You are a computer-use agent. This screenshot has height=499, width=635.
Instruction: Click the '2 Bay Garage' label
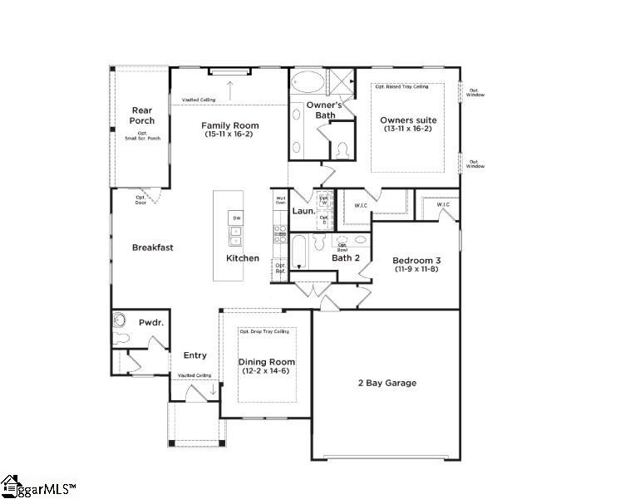pyautogui.click(x=386, y=383)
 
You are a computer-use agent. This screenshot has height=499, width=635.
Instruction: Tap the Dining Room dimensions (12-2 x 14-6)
pyautogui.click(x=267, y=372)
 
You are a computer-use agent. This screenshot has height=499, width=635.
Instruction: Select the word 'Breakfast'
pyautogui.click(x=153, y=247)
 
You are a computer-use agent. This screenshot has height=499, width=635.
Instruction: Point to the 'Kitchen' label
pyautogui.click(x=243, y=258)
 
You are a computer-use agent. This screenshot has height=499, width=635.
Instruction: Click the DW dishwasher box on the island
pyautogui.click(x=236, y=218)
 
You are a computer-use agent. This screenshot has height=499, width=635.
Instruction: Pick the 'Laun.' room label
pyautogui.click(x=302, y=212)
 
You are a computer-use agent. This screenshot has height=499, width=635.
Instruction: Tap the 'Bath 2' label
pyautogui.click(x=345, y=258)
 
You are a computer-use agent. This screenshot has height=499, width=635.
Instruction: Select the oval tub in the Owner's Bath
pyautogui.click(x=308, y=85)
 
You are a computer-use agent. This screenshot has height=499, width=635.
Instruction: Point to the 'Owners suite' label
pyautogui.click(x=408, y=120)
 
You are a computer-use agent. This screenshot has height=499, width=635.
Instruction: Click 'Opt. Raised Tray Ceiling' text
pyautogui.click(x=401, y=86)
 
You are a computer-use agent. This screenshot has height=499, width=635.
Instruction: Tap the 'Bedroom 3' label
pyautogui.click(x=415, y=261)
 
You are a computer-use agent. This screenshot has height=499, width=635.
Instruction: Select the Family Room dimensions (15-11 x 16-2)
pyautogui.click(x=229, y=134)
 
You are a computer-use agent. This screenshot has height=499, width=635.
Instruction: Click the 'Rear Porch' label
pyautogui.click(x=142, y=115)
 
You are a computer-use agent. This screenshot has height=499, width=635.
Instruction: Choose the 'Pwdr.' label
pyautogui.click(x=150, y=320)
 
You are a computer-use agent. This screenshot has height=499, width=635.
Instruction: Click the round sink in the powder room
pyautogui.click(x=120, y=320)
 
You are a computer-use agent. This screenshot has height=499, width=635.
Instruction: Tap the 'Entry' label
pyautogui.click(x=194, y=355)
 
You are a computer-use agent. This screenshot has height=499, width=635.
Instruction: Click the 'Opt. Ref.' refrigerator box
pyautogui.click(x=280, y=269)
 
